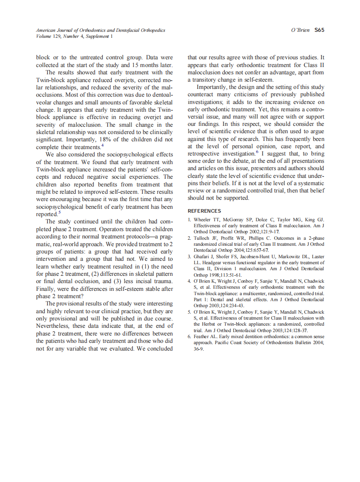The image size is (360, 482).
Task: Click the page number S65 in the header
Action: coord(319,30)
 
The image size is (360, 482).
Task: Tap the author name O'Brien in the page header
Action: coord(300,30)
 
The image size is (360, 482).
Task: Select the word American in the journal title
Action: coord(46,30)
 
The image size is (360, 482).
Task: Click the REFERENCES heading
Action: coord(204,211)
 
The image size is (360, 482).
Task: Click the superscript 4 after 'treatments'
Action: coord(102,146)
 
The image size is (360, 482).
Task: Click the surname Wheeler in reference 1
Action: coord(204,220)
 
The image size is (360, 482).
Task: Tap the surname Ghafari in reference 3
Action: coord(203,257)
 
